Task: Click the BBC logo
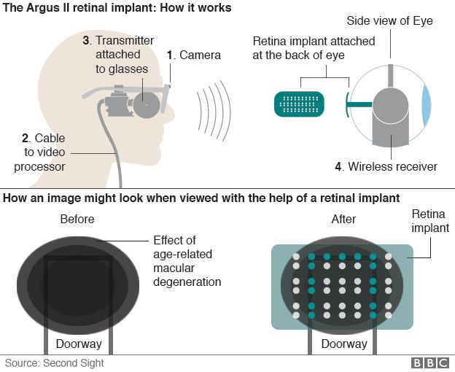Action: [429, 363]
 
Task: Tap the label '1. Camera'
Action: [193, 55]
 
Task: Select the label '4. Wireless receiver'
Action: [386, 166]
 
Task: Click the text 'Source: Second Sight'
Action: [55, 363]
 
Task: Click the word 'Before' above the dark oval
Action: [77, 219]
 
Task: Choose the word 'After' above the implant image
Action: [344, 219]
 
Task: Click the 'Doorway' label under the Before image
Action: [79, 344]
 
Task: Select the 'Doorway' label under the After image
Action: [344, 344]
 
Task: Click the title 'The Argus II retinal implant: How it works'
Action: [117, 8]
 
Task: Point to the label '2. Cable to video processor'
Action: [43, 152]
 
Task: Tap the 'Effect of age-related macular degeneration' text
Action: [187, 261]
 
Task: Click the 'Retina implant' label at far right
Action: [430, 222]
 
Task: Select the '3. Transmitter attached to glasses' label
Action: [120, 55]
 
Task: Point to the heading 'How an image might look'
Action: [211, 198]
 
